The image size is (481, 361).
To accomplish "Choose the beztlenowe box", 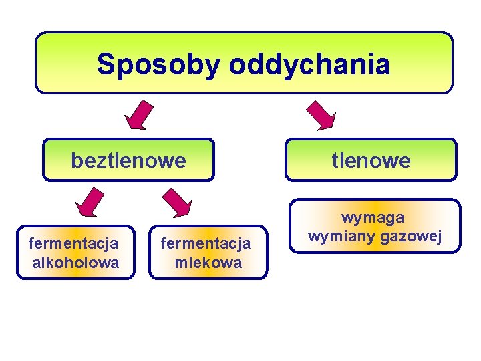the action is pos(128,160).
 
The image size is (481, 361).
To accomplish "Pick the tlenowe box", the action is pos(371,160).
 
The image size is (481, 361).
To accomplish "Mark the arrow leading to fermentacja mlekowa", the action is pos(178,203).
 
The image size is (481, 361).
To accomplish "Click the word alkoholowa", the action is pos(75,262).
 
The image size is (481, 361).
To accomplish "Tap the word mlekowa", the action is pos(208,263).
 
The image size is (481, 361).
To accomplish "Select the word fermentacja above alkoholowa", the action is pos(74,243).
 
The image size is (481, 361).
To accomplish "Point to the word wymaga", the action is pos(373,217).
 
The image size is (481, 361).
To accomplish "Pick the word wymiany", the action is pos(341,236).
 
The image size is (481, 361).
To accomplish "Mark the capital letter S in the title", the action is pos(105,65).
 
